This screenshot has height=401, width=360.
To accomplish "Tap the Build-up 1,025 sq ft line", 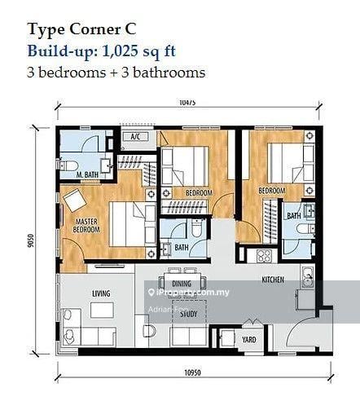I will pos(102,51).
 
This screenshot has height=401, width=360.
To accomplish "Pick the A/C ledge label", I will pos(136,138).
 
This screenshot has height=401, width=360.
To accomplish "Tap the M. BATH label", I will pos(87,174).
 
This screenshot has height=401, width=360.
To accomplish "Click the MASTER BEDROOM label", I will pos(86,226).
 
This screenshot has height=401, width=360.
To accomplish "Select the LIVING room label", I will pos(102,293).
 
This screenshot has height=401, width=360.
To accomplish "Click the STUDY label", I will pos(189,313).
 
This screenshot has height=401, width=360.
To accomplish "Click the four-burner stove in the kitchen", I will pos(265,256).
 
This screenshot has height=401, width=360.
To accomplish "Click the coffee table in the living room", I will pos(102,311).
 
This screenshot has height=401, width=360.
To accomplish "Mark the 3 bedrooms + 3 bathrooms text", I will pos(116,72).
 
